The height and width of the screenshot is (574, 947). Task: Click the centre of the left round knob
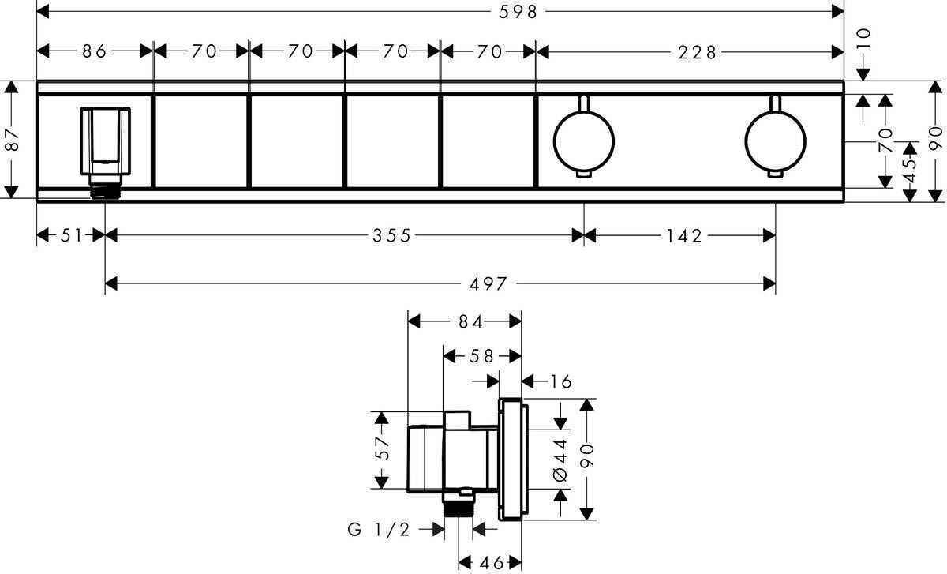(584, 141)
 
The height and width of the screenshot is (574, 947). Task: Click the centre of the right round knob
(775, 141)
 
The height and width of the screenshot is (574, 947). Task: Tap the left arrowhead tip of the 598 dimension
(37, 12)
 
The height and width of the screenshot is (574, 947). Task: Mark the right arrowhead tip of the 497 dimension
(775, 283)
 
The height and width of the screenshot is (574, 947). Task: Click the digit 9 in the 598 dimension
(518, 12)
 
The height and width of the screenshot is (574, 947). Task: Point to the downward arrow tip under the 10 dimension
(863, 81)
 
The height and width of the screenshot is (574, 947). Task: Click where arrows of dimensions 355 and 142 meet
(584, 235)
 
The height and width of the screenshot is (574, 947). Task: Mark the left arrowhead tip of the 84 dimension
(408, 321)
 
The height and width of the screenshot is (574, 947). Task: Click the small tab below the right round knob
(775, 174)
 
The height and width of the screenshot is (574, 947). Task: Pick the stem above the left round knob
(584, 104)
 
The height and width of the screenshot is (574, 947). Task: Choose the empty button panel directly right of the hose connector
(200, 141)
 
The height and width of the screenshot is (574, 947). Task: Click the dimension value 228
(698, 52)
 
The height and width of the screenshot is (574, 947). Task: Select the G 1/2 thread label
(379, 530)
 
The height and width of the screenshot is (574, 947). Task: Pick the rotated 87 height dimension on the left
(13, 141)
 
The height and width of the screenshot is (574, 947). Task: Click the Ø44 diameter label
(560, 460)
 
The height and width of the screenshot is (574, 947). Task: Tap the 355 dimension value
(391, 235)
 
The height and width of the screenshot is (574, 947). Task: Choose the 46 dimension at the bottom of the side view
(491, 563)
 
